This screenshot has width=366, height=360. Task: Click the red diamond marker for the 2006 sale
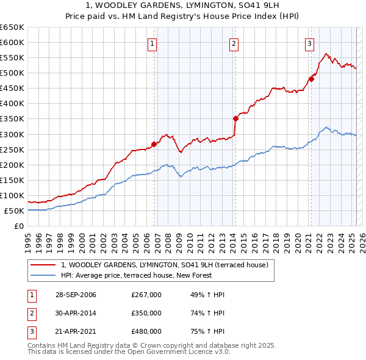154,144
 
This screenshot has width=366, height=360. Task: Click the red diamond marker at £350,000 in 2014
235,118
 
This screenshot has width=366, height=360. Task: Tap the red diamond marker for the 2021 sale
311,78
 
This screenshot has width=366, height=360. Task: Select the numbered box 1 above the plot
151,43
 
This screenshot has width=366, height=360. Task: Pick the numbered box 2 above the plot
234,43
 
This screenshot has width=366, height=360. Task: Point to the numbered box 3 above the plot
310,43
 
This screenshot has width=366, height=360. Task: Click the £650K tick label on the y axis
12,27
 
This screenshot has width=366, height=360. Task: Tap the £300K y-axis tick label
12,134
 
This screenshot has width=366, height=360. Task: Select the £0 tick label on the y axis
19,226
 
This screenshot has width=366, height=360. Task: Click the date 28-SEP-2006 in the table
75,295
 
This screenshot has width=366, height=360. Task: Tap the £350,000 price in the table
146,314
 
